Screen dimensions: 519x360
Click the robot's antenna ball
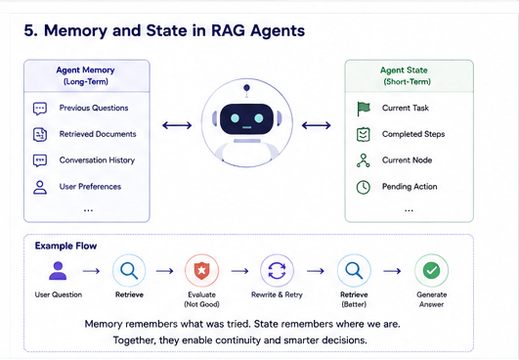246,88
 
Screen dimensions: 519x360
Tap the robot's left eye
235,118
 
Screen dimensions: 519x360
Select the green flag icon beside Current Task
364,109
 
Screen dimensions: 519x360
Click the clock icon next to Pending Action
363,187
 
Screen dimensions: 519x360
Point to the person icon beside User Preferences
40,187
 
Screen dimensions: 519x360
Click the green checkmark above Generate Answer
432,271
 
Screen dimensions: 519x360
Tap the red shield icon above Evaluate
201,271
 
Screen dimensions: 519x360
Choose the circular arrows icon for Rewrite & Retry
277,271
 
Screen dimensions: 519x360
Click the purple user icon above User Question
58,271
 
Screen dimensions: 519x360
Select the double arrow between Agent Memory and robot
177,125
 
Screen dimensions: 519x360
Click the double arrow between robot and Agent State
316,125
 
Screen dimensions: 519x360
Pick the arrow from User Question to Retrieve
91,271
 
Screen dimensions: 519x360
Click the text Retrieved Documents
98,134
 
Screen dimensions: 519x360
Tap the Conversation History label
97,160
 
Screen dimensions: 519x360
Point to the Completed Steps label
413,134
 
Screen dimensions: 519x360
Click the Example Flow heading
65,246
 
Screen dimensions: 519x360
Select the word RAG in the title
228,30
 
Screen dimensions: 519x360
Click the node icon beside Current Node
363,160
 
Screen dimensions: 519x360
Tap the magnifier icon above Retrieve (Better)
354,271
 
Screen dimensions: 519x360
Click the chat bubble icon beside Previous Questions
40,109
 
